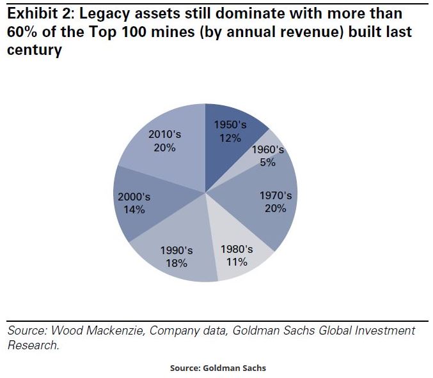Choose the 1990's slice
click(176, 255)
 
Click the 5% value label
click(267, 162)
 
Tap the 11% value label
click(237, 261)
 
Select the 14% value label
click(134, 209)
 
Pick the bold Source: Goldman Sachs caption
click(217, 368)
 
